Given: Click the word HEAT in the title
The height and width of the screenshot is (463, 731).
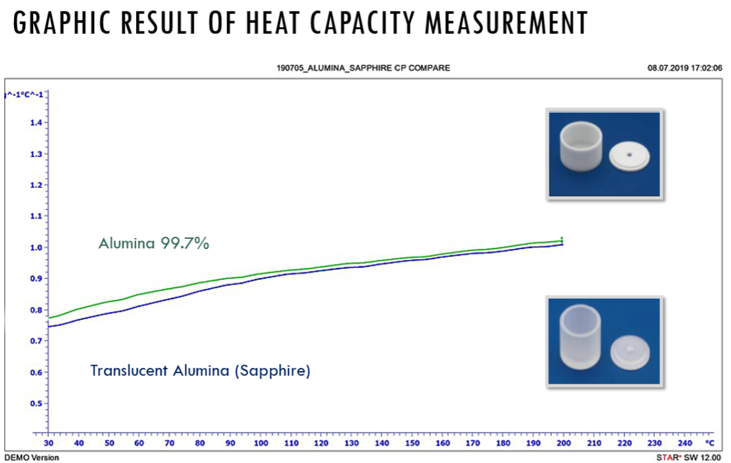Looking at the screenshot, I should click(272, 23).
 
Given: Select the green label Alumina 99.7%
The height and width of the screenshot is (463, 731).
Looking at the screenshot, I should click(154, 244).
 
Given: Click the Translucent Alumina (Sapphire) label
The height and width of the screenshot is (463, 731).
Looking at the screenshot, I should click(200, 371).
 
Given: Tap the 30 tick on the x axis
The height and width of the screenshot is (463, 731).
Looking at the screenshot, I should click(48, 443).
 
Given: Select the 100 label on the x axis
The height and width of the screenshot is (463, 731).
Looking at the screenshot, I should click(261, 443).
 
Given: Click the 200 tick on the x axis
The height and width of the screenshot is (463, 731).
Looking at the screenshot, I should click(564, 443).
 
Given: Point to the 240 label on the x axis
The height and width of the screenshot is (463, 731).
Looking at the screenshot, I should click(685, 443).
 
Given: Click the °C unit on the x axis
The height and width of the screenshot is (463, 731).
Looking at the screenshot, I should click(709, 443).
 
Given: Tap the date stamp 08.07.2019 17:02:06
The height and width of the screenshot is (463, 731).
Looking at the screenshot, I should click(684, 68).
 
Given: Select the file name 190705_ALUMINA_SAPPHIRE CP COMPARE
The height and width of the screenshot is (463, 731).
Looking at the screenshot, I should click(363, 68).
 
